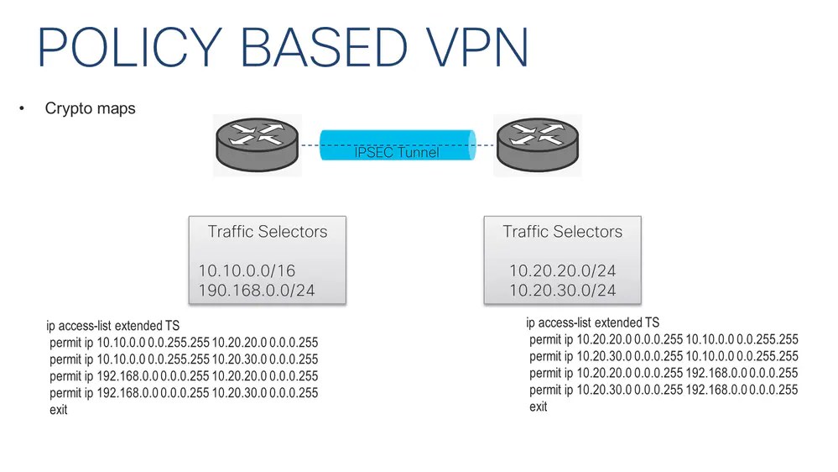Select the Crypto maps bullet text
coord(90,109)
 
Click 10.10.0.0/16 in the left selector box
coord(247,270)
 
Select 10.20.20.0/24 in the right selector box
coord(562,270)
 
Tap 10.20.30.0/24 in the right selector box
coord(562,291)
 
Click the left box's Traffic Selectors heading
coord(268,232)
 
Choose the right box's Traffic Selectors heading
coord(562,232)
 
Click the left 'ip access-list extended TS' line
coord(113,325)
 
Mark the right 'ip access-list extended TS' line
coord(592,323)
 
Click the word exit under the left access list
coord(59,410)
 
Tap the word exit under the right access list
coord(539,406)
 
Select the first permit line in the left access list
coord(184,343)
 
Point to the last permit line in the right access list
coord(664,390)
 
